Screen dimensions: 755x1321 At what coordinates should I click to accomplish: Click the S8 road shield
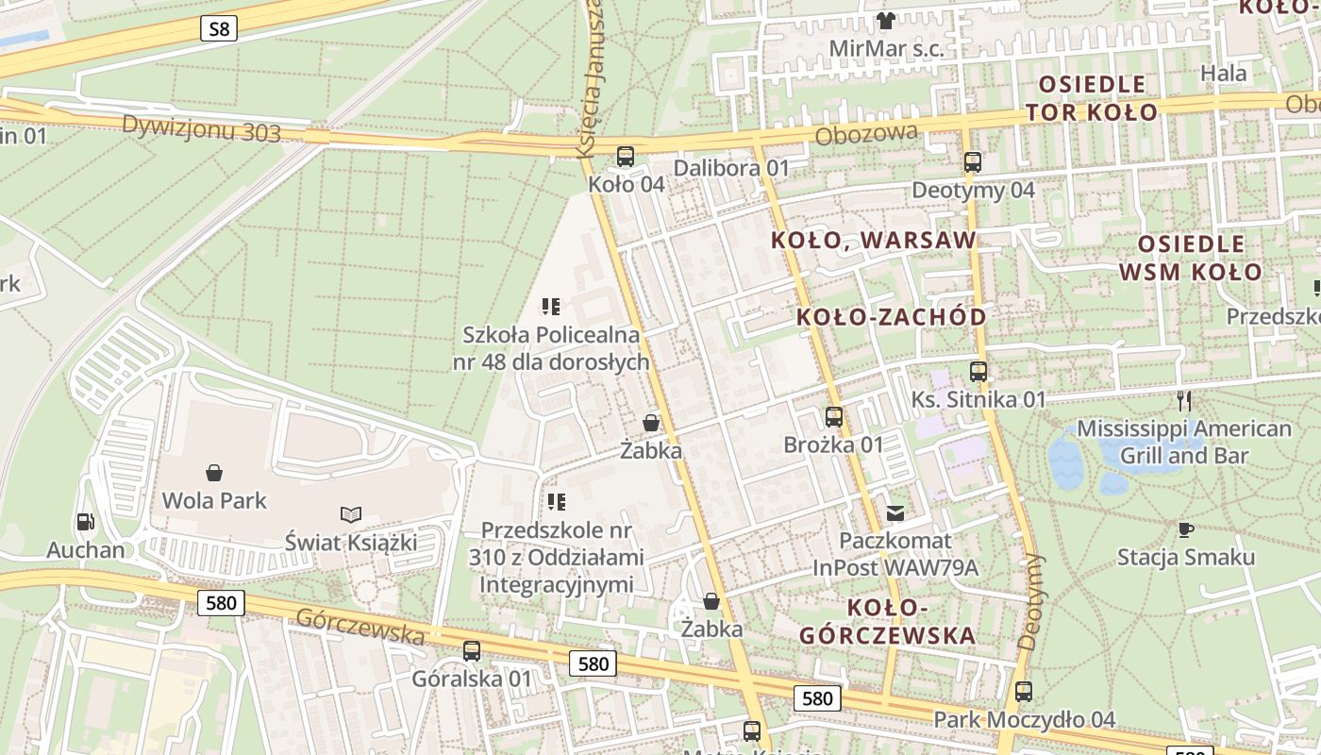[x=219, y=28]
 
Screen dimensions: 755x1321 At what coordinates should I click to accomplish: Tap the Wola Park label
[x=214, y=500]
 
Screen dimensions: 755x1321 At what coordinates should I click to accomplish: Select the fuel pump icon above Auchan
[x=85, y=521]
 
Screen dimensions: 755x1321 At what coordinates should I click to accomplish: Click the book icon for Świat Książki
[x=351, y=515]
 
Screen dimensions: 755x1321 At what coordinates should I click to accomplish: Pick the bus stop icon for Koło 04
[x=626, y=157]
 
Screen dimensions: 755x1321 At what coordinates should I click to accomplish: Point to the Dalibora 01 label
[x=731, y=168]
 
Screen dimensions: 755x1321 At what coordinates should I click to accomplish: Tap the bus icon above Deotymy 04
[x=973, y=162]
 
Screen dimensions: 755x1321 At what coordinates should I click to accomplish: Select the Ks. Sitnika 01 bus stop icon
[x=978, y=372]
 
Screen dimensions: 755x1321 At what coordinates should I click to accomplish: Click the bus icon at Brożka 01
[x=834, y=417]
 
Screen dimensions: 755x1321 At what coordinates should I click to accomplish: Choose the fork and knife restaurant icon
[x=1184, y=401]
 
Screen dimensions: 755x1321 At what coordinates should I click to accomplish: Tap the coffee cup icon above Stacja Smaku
[x=1186, y=529]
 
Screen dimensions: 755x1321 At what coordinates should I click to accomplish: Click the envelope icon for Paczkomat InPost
[x=895, y=513]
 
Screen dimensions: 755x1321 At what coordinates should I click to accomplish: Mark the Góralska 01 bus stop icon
[x=472, y=651]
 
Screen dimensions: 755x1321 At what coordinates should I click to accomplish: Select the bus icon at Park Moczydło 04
[x=1024, y=692]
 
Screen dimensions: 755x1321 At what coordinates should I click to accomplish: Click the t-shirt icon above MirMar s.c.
[x=886, y=20]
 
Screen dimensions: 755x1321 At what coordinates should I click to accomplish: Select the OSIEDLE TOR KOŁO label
[x=1092, y=98]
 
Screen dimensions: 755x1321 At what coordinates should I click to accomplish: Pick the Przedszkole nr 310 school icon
[x=557, y=502]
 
